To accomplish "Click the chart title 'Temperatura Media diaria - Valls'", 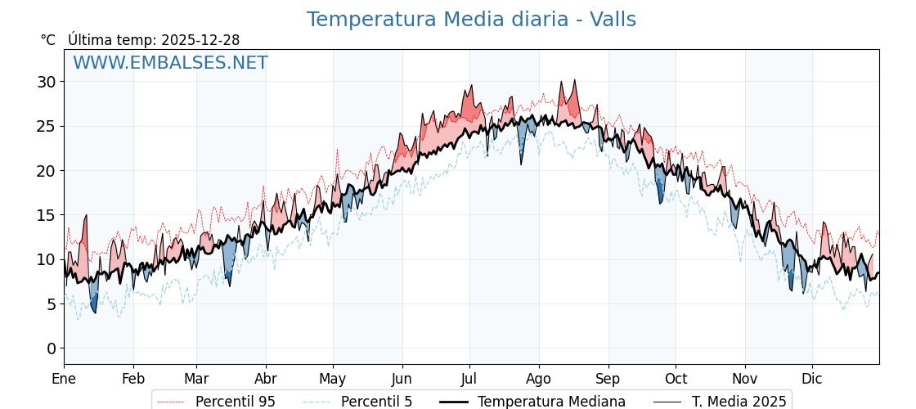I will click(471, 20).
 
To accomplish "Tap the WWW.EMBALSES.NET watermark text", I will click(170, 63).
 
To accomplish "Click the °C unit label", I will click(48, 40).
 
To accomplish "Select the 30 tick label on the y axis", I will click(46, 82).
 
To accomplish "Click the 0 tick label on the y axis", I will click(51, 348).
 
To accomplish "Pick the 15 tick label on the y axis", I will click(46, 215).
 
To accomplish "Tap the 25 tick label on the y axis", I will click(46, 126).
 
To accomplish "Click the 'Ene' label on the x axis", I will click(64, 379).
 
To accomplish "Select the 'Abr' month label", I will click(266, 379).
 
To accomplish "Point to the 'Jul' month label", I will click(469, 379).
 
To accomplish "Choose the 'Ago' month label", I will click(539, 379).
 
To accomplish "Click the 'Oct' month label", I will click(676, 379).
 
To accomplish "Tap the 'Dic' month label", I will click(812, 379).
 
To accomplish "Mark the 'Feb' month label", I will click(133, 379).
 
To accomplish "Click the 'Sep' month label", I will click(608, 379).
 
